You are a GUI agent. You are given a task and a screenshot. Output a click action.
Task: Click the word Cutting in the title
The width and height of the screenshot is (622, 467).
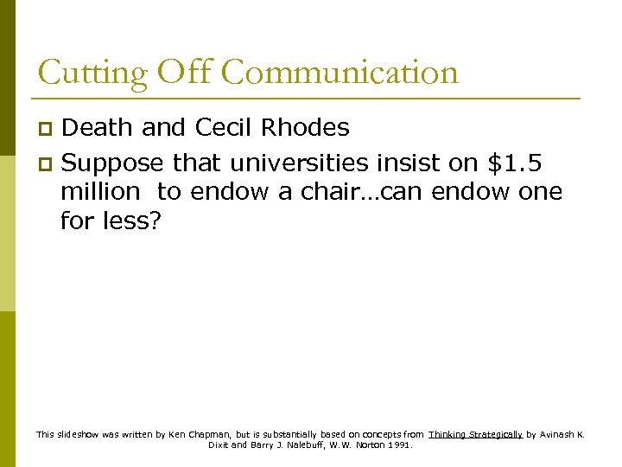click(92, 73)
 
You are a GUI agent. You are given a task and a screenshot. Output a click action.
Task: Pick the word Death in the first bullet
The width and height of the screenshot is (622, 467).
click(97, 128)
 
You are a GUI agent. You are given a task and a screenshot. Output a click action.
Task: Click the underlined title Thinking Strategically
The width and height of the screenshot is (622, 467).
click(476, 434)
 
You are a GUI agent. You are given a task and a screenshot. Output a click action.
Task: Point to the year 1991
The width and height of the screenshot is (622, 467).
click(401, 445)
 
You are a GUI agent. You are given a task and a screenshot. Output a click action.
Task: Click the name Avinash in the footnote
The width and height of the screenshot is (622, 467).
click(561, 434)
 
